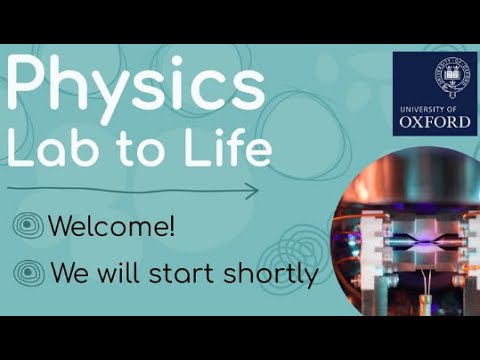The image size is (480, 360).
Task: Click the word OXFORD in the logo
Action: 434,122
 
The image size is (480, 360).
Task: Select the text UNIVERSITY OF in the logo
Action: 434,106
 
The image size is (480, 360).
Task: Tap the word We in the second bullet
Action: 67,273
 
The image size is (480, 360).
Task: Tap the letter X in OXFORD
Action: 421,122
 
